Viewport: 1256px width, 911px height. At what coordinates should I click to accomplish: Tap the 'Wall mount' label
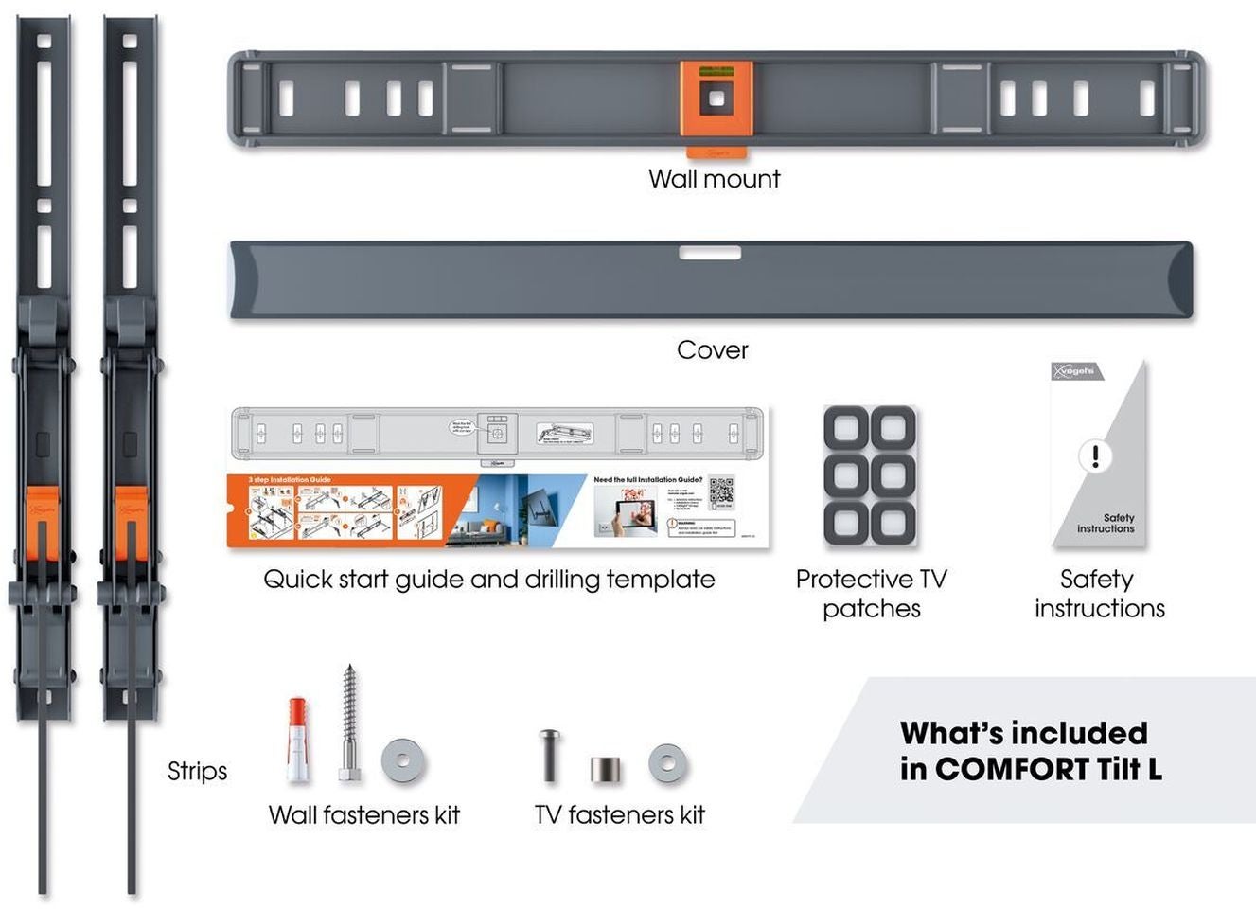tap(714, 179)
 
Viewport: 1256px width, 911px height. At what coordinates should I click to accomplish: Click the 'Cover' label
tap(712, 350)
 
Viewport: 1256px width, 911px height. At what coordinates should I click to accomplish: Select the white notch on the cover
tap(710, 253)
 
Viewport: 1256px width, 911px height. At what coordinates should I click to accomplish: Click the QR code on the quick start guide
tap(721, 492)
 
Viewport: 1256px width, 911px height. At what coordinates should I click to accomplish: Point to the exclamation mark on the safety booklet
tap(1095, 456)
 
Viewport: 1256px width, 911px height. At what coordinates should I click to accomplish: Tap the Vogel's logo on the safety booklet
tap(1076, 371)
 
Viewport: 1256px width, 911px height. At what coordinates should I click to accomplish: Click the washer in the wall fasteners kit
tap(404, 761)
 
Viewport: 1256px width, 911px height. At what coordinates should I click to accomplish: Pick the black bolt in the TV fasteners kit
tap(549, 755)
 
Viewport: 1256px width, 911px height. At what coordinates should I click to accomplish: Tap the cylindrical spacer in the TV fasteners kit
tap(607, 768)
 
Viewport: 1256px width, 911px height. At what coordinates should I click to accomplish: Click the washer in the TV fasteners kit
tap(668, 763)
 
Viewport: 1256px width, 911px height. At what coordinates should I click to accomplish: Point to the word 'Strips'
tap(197, 772)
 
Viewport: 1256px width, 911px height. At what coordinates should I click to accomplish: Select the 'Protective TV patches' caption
tap(871, 594)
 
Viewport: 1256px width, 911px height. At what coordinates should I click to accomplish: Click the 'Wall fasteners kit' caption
tap(363, 815)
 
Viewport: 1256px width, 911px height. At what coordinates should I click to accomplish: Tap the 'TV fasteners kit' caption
tap(619, 815)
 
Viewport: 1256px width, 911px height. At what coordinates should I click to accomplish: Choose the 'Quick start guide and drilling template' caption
tap(488, 580)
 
